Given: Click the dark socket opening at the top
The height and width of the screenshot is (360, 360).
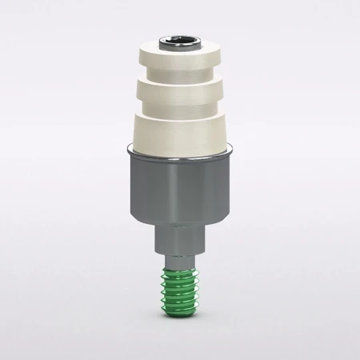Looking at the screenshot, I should click(180, 37).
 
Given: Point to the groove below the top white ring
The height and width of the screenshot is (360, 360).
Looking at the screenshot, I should click(180, 74).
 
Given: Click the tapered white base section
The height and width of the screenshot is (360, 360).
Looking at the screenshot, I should click(180, 128).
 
